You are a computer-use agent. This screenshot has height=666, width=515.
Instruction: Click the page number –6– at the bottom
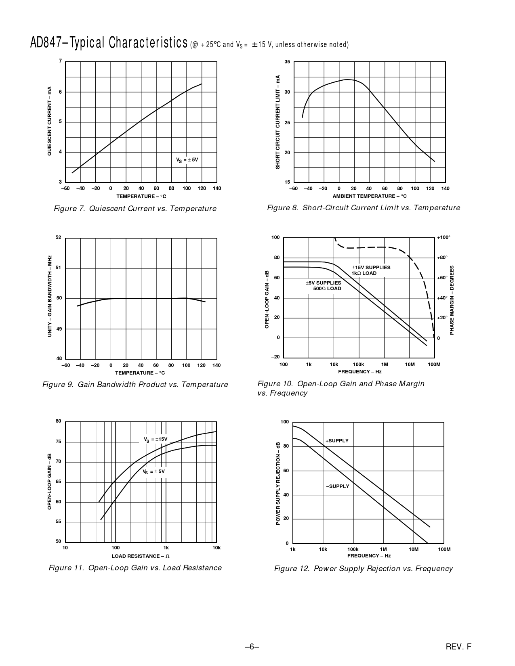[251, 647]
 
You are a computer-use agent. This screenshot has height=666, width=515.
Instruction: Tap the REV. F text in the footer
[458, 647]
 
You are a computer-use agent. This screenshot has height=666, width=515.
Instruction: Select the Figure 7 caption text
[135, 209]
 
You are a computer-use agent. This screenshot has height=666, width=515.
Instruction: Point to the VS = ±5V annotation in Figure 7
[187, 160]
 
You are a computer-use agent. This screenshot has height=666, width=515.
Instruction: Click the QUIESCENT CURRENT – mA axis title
[49, 121]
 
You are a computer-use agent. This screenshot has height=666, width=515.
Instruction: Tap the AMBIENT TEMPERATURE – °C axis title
[369, 196]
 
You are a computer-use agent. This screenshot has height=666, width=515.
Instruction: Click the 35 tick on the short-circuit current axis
[287, 62]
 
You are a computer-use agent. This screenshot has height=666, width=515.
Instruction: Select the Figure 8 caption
[363, 208]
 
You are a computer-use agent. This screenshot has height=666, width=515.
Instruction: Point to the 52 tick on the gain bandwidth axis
[59, 237]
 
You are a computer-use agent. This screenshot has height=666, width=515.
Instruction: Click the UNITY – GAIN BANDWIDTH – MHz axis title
[50, 296]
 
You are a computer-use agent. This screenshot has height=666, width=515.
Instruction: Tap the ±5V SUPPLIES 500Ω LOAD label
[323, 286]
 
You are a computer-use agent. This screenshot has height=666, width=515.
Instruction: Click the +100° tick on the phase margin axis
[443, 237]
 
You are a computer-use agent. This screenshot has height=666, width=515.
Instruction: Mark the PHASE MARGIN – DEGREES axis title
[452, 300]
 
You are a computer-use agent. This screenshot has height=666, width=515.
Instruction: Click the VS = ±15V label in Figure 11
[156, 439]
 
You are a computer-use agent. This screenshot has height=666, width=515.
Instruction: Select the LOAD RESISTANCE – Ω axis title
[141, 556]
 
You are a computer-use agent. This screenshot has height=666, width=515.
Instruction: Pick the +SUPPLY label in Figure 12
[337, 441]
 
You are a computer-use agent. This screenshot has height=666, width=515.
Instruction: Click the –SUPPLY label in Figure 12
[338, 486]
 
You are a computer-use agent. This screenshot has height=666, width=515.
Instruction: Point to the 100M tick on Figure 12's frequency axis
[444, 549]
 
